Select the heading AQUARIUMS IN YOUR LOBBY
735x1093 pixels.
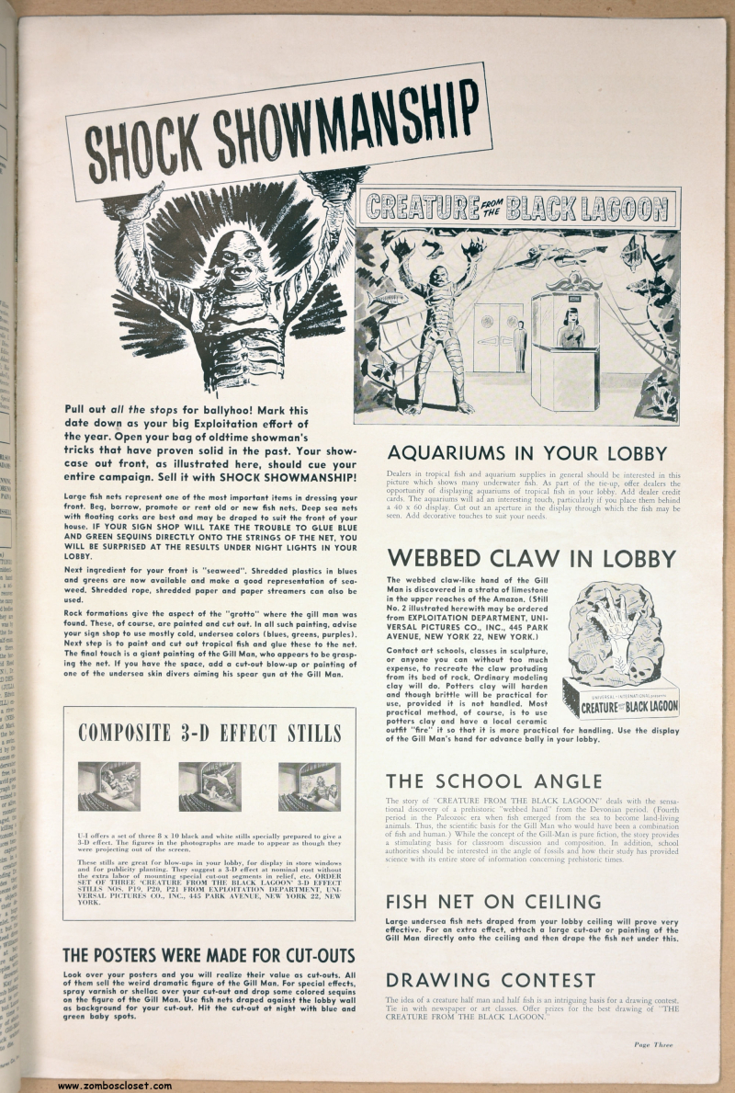click(x=526, y=453)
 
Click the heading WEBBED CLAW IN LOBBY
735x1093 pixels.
click(x=531, y=558)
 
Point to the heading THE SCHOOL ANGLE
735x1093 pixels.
click(x=493, y=781)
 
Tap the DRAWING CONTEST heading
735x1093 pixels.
click(x=490, y=980)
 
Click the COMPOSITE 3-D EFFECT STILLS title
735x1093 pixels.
click(x=209, y=733)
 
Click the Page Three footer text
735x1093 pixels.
click(x=652, y=1044)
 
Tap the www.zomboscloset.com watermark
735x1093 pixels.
click(x=115, y=1086)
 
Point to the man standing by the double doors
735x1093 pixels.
click(x=520, y=345)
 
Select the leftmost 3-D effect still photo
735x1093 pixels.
click(x=109, y=786)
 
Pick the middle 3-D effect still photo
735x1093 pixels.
click(x=209, y=786)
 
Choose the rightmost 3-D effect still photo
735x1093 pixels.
click(x=310, y=786)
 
